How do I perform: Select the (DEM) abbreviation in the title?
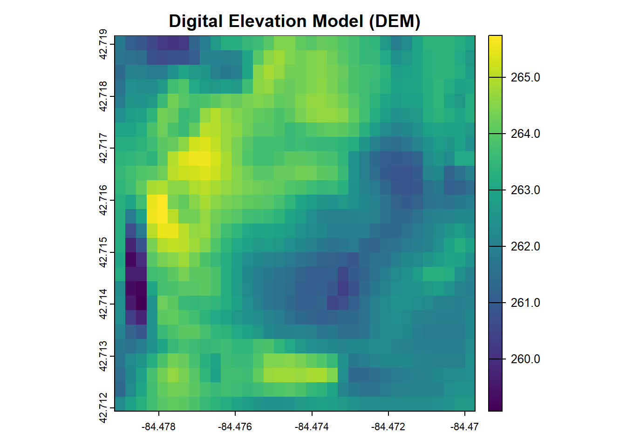pos(395,21)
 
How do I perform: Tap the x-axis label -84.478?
pos(159,427)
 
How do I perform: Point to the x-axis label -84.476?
pos(235,427)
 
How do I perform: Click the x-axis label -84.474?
pos(312,427)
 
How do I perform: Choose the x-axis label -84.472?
pos(388,427)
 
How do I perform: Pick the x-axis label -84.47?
pos(464,427)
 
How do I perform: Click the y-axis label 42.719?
pos(103,44)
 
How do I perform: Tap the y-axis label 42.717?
pos(103,148)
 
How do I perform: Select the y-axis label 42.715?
pos(103,252)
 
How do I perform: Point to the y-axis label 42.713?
pos(103,356)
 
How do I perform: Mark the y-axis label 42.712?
pos(103,408)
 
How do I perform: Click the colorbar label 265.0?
pos(525,77)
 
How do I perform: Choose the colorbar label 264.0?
pos(525,134)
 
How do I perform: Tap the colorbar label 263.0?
pos(525,190)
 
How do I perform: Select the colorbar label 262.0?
pos(525,246)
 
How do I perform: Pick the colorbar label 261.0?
pos(525,303)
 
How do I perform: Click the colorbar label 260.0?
pos(525,359)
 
